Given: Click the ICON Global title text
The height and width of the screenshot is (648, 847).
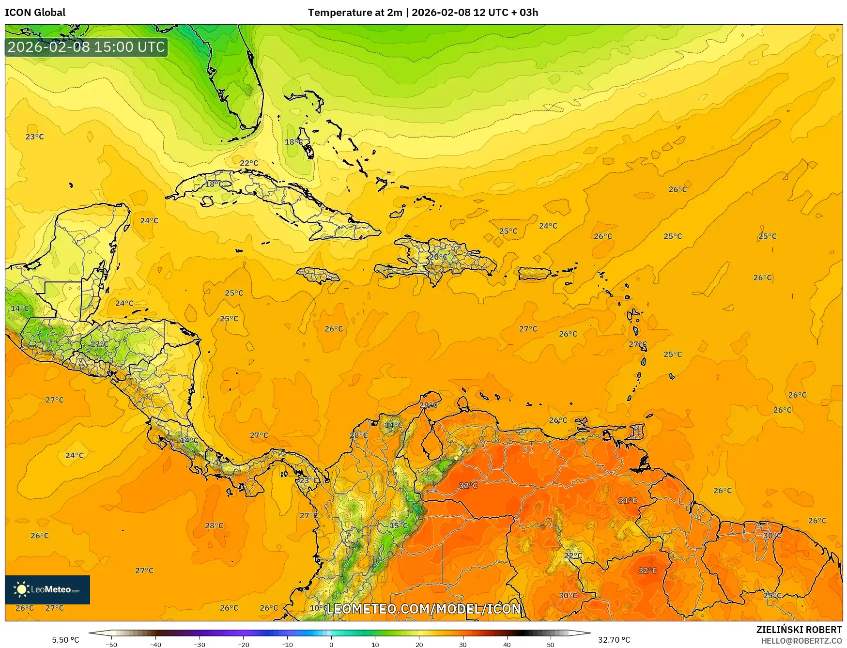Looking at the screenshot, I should click(35, 13).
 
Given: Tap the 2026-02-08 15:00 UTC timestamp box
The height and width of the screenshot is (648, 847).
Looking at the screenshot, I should click(86, 47).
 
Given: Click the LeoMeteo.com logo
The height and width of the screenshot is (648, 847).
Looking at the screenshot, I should click(47, 589).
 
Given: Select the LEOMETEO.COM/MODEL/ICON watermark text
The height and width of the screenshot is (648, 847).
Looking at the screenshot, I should click(424, 609).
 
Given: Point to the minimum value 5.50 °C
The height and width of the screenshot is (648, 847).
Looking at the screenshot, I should click(65, 640).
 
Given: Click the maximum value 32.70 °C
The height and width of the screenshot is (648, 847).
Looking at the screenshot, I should click(614, 640).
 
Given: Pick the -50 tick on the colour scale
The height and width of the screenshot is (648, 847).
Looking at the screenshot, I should click(111, 644).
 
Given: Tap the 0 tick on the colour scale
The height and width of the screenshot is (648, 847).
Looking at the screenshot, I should click(331, 644).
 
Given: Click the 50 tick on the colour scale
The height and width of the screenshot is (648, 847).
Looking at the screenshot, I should click(551, 644).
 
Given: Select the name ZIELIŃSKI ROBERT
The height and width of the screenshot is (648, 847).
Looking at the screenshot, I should click(799, 630).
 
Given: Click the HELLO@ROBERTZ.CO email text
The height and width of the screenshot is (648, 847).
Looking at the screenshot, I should click(801, 641).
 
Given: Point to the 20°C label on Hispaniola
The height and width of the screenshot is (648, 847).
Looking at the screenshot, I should click(438, 257).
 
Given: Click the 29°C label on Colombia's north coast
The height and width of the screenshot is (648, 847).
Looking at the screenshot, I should click(428, 405).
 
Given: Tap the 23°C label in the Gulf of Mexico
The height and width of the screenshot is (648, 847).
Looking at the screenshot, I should click(34, 137).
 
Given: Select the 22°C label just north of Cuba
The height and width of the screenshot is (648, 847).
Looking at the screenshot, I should click(249, 163).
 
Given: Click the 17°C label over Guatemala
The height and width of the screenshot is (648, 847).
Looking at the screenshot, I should click(99, 344).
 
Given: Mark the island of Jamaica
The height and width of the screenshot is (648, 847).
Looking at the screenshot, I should click(318, 276).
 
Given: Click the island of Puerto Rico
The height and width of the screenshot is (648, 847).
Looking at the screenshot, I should click(535, 274).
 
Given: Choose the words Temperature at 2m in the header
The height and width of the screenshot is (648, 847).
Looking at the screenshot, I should click(355, 13).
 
